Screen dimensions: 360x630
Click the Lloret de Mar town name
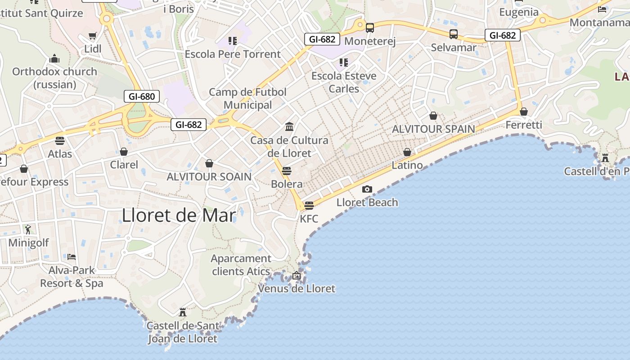click(179, 216)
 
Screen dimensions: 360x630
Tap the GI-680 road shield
click(142, 96)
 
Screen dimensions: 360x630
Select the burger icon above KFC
click(309, 206)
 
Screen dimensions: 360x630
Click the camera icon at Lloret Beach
click(367, 189)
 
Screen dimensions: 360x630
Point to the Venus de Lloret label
click(297, 288)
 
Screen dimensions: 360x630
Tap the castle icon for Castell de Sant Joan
click(183, 312)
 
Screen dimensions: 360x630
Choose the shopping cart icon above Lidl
click(93, 36)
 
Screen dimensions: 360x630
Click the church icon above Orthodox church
click(54, 58)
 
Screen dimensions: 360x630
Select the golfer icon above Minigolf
click(28, 229)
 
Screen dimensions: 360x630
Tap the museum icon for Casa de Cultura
click(289, 126)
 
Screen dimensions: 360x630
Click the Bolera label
click(287, 184)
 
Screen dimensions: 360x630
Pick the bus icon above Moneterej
click(370, 28)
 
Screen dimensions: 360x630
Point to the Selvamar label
click(454, 47)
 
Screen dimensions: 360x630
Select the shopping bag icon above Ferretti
click(524, 111)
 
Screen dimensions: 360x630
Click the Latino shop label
click(407, 165)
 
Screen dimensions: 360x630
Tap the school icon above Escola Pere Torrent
click(232, 41)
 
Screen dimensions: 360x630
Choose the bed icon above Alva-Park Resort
click(72, 257)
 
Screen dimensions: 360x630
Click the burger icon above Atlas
click(60, 140)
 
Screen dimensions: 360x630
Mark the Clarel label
click(124, 165)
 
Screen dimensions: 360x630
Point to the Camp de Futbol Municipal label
click(247, 99)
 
